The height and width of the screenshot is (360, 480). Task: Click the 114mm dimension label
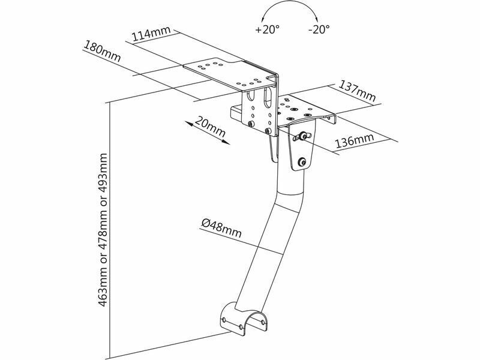click(151, 34)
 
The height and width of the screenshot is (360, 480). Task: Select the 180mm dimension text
click(102, 52)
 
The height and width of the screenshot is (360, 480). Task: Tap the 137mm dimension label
click(357, 91)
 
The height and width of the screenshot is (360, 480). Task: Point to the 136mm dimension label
click(355, 140)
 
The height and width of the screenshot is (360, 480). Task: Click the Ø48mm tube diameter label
click(221, 228)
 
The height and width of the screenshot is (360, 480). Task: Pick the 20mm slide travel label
click(210, 127)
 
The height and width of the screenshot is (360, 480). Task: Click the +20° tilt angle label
click(267, 29)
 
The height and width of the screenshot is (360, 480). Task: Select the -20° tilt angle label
click(319, 29)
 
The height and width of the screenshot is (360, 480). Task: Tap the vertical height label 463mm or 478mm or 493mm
click(103, 230)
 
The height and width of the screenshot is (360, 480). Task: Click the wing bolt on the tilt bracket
click(302, 137)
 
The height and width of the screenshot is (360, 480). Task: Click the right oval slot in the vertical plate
click(268, 97)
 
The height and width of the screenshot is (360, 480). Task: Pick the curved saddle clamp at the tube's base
click(244, 320)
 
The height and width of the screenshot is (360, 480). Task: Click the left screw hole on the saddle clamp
click(224, 320)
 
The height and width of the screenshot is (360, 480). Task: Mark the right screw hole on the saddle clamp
click(263, 322)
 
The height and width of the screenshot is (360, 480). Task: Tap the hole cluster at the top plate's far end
click(208, 65)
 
